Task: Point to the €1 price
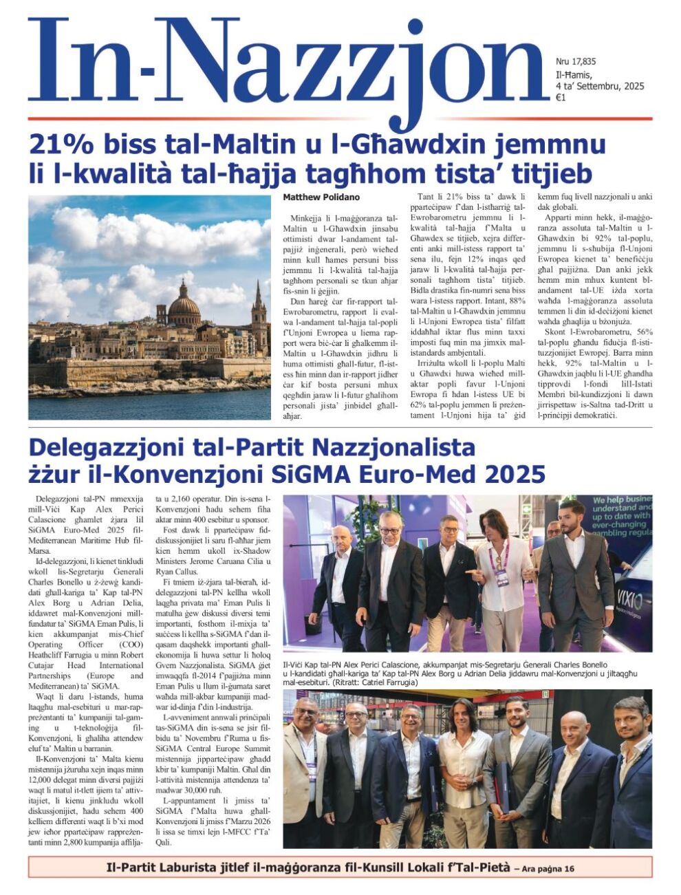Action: pyautogui.click(x=561, y=98)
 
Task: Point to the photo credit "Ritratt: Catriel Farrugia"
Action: pyautogui.click(x=374, y=683)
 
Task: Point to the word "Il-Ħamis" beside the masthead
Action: pyautogui.click(x=573, y=75)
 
